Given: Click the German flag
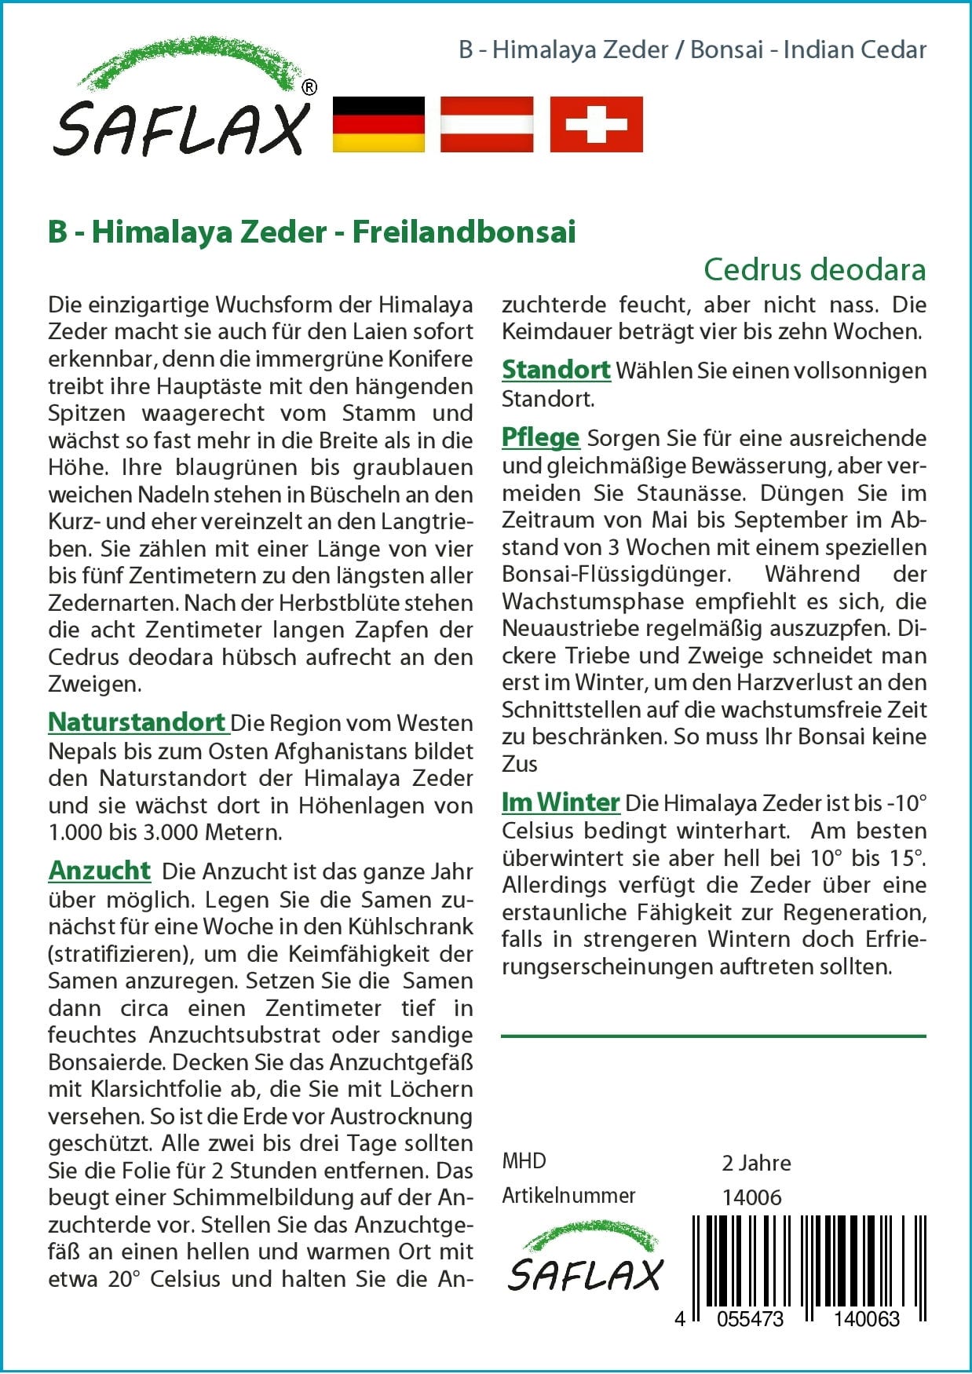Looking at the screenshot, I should click(378, 124).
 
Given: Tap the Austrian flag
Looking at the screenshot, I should click(487, 124).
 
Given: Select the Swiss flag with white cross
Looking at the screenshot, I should click(596, 124).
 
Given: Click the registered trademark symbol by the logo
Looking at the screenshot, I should click(309, 88).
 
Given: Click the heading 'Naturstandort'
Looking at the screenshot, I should click(137, 722).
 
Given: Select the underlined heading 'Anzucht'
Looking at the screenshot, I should click(100, 870).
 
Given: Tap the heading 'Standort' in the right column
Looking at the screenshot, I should click(556, 369).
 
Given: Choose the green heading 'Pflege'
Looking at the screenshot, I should click(540, 437).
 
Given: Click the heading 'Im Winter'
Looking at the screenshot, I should click(561, 802).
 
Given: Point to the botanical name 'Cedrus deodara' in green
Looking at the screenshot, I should click(814, 269).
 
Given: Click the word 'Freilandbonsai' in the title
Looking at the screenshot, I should click(464, 232).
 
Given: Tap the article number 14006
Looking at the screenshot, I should click(751, 1197).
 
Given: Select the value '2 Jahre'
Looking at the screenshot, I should click(756, 1163).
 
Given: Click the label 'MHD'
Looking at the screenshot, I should click(524, 1161).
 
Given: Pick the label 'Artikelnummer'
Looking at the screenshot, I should click(568, 1196).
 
